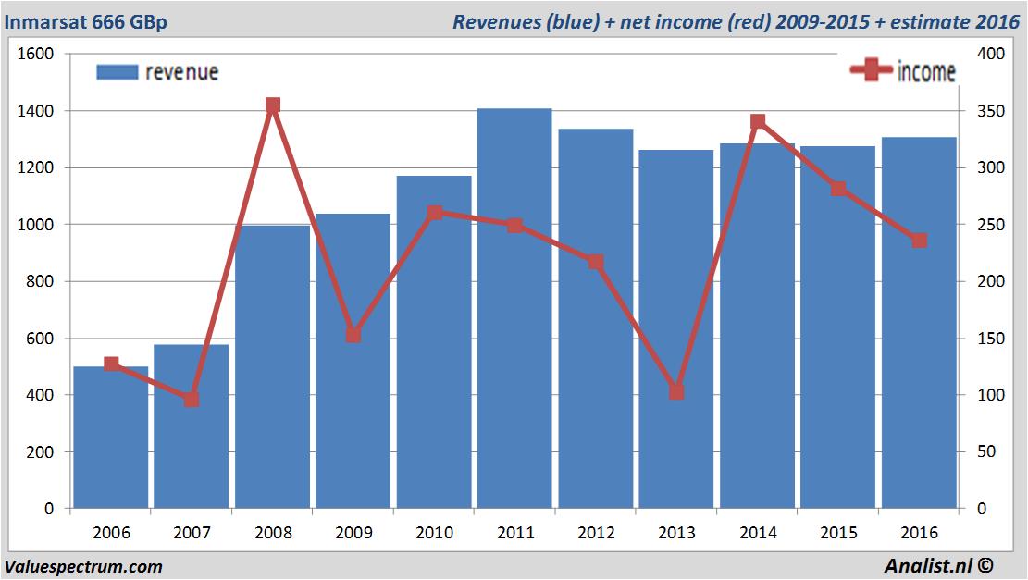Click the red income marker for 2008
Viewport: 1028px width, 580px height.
pyautogui.click(x=273, y=105)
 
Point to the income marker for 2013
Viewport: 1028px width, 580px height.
pyautogui.click(x=676, y=392)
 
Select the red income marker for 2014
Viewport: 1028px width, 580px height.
pyautogui.click(x=758, y=121)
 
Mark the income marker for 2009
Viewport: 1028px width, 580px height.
pyautogui.click(x=353, y=335)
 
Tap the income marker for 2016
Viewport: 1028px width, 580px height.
pyautogui.click(x=919, y=241)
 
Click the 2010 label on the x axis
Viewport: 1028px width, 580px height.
pyautogui.click(x=435, y=533)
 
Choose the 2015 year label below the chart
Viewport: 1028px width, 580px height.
pyautogui.click(x=838, y=533)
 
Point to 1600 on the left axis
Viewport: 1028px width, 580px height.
pyautogui.click(x=36, y=55)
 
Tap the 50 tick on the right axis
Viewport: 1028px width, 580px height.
pyautogui.click(x=989, y=451)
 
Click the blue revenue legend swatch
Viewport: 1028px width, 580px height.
pyautogui.click(x=117, y=72)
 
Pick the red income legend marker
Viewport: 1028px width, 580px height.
pyautogui.click(x=871, y=71)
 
